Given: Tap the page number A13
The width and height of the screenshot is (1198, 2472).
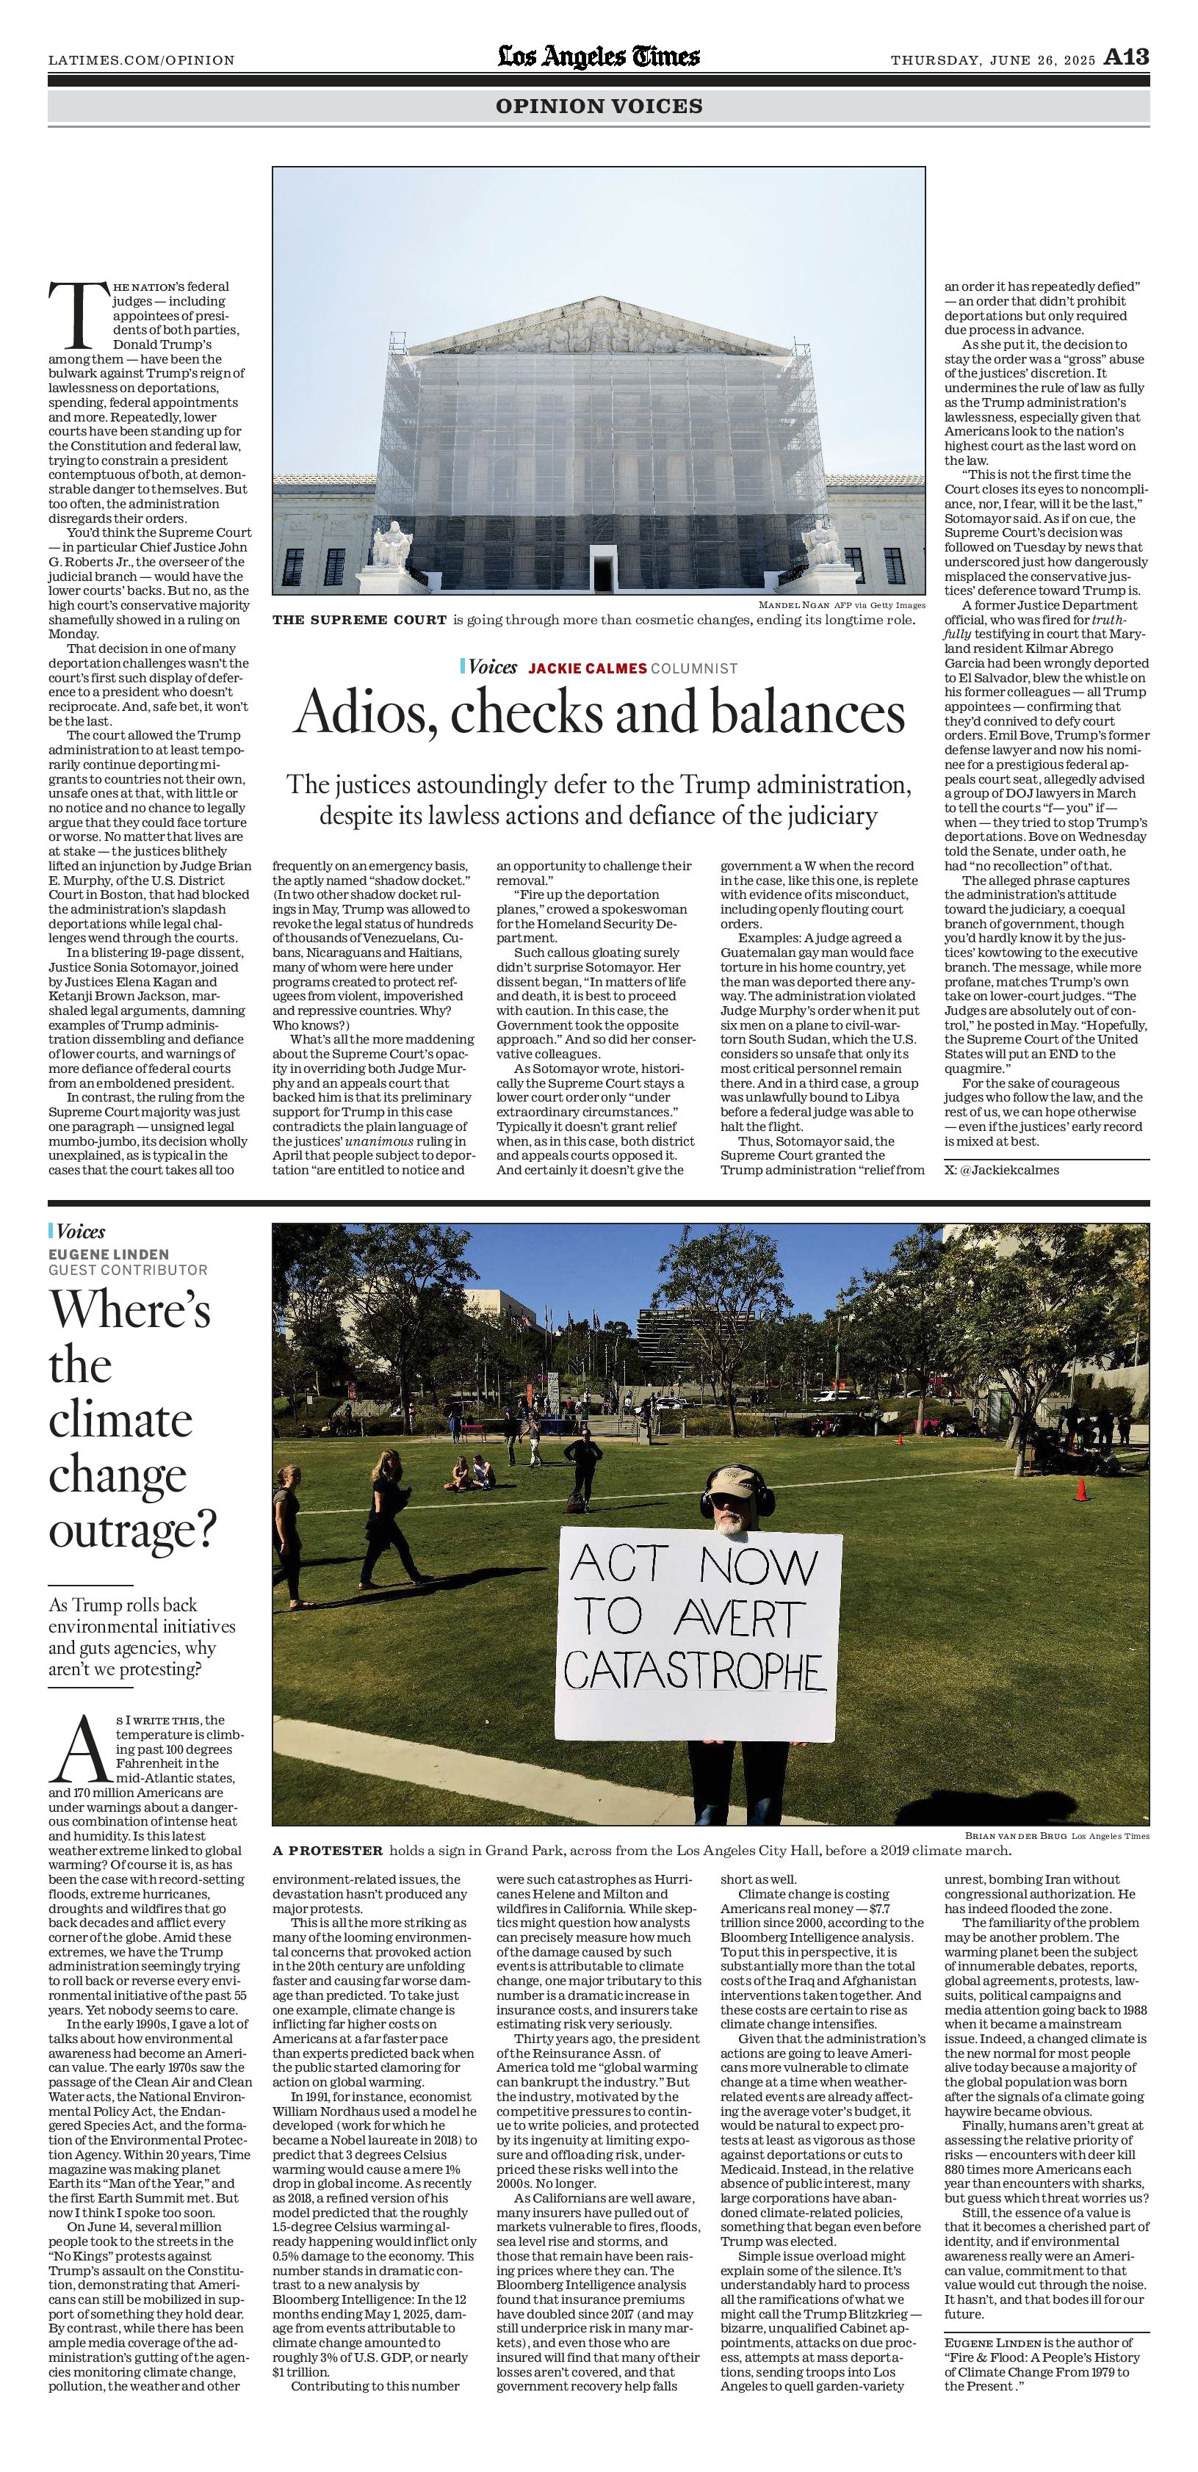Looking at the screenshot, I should click(x=1126, y=57).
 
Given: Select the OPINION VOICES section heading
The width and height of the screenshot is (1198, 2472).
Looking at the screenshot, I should click(x=599, y=106).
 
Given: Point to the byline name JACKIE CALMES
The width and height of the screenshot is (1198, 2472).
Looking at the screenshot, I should click(x=588, y=668).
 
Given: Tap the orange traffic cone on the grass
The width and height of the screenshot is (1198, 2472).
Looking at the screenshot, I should click(x=1081, y=1489).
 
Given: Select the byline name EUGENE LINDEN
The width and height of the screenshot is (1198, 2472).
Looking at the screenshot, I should click(x=109, y=1254).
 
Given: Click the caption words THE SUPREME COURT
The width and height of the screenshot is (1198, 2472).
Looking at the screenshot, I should click(x=359, y=620).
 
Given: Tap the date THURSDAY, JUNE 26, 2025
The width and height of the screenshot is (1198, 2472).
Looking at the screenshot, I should click(x=992, y=60).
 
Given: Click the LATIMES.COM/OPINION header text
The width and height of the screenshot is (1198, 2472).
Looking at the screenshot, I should click(x=141, y=60).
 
